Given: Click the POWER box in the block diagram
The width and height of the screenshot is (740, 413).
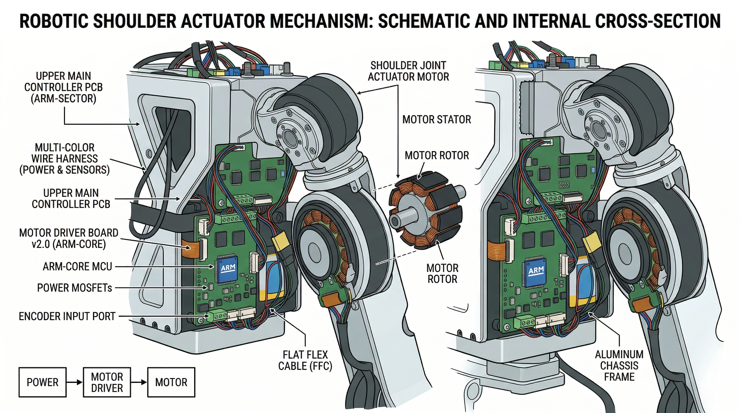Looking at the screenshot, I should point(42,382).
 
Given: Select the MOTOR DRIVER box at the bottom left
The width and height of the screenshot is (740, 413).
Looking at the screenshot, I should point(107,382).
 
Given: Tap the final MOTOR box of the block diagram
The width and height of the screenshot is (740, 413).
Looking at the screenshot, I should point(171,382).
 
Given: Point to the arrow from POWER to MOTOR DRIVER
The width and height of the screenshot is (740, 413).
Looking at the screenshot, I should point(74,382).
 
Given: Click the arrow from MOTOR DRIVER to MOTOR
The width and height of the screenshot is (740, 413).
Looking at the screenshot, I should point(139,382).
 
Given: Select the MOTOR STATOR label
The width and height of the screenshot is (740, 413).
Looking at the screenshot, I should point(436,119).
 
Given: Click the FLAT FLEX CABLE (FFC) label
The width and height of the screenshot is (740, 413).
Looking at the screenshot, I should point(305,361).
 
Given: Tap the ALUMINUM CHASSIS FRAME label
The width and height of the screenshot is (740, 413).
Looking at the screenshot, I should point(619,366).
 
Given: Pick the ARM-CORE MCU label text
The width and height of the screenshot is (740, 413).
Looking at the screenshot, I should point(77,266).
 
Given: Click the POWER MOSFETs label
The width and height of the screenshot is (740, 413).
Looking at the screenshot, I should point(74,288).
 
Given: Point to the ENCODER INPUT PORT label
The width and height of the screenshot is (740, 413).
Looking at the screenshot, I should point(67,316).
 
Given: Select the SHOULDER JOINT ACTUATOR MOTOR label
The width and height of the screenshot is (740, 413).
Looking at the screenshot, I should point(408,71).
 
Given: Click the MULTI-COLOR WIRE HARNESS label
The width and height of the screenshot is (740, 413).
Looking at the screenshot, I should point(65,159).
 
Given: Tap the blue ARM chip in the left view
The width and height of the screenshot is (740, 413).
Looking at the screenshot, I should point(227,268).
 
